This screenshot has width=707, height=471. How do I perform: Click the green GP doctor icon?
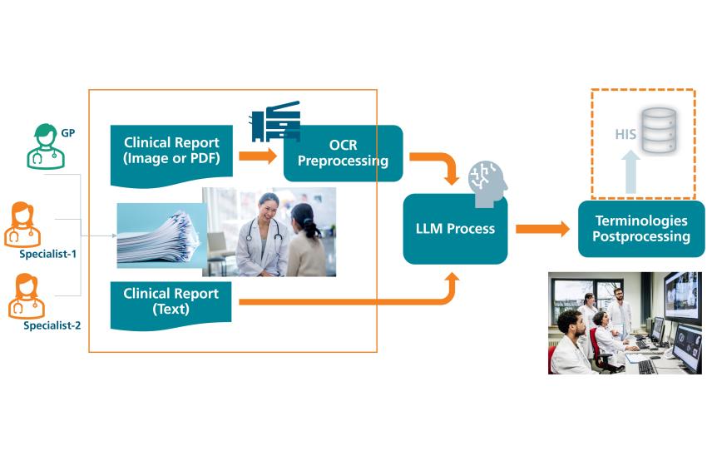[46, 146]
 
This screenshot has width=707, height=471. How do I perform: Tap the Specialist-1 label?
[47, 254]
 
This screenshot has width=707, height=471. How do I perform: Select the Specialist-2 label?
[52, 325]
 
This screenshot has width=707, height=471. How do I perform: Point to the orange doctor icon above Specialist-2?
[27, 296]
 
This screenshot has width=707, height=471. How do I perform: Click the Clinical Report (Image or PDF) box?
[171, 155]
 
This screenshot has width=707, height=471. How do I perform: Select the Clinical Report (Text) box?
[171, 305]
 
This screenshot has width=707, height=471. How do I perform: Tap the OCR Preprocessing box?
[344, 153]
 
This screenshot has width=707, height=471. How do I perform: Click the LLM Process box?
[456, 229]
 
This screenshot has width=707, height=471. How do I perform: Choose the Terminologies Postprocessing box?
[641, 229]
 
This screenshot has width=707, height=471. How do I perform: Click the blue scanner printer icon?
[275, 121]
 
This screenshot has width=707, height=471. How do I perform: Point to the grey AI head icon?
[487, 184]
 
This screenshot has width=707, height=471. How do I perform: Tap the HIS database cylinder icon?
[660, 130]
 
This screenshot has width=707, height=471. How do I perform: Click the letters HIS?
[625, 134]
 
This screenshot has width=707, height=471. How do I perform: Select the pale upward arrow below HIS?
[630, 172]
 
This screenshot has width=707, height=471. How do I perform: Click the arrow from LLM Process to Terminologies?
[542, 229]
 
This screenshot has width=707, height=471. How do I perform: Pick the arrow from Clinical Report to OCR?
[258, 156]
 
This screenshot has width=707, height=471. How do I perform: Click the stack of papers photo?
[160, 235]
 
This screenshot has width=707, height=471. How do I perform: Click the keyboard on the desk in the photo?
[647, 366]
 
